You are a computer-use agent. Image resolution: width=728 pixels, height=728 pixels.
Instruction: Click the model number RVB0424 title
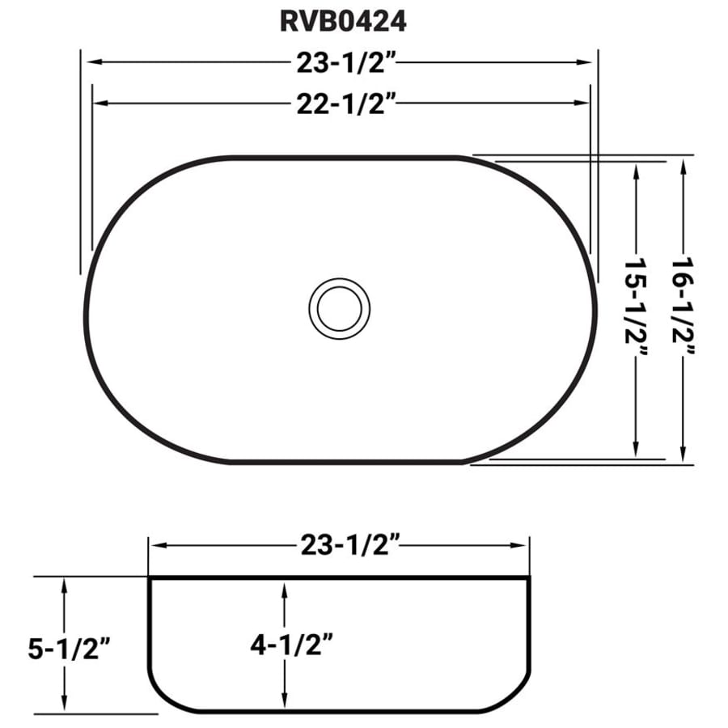[343, 21]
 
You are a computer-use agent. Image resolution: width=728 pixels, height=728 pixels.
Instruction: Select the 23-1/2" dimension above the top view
[346, 62]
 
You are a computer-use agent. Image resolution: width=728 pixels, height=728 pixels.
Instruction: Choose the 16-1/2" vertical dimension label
[683, 307]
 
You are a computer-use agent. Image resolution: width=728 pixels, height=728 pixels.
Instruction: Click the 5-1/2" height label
[70, 649]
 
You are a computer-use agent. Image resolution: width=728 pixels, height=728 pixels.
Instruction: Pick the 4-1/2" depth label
[292, 645]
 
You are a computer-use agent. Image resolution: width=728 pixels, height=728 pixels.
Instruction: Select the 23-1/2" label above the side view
[350, 545]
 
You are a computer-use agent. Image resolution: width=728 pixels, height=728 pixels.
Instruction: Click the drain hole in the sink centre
[340, 309]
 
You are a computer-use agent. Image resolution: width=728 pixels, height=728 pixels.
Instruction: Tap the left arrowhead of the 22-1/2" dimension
[100, 103]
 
